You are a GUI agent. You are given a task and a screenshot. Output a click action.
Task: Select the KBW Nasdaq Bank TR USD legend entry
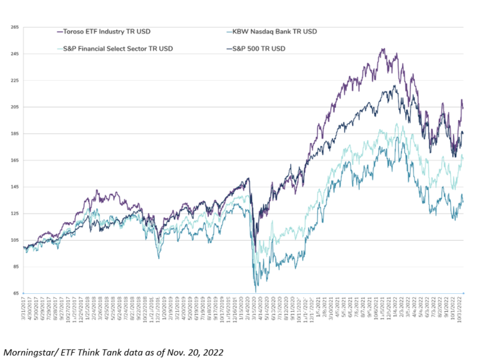click(x=276, y=31)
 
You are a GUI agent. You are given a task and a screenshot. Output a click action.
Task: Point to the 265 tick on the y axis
click(x=15, y=28)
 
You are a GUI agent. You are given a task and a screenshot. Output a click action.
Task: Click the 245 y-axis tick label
click(x=15, y=54)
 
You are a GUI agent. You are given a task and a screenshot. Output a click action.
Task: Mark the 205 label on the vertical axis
click(x=15, y=107)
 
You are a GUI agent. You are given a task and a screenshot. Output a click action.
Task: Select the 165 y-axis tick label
click(x=15, y=160)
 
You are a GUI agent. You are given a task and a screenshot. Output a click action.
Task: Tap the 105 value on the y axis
click(x=15, y=240)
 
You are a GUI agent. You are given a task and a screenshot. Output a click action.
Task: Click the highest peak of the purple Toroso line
click(x=383, y=49)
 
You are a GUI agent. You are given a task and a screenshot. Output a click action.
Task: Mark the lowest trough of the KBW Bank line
click(x=257, y=290)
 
